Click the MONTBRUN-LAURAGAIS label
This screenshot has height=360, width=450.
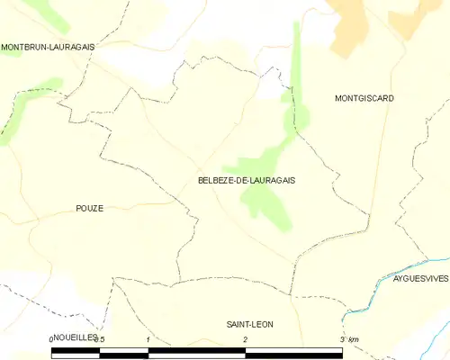point(49,46)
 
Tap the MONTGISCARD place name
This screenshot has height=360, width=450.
point(364,98)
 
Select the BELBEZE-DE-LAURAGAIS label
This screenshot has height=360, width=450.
point(246,180)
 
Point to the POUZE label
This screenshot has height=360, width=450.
point(89,208)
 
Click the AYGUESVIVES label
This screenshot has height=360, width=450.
point(420,279)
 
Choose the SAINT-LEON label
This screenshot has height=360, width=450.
point(250,323)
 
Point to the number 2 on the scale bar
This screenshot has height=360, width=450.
point(245,338)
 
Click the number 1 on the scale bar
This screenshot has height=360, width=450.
point(148,338)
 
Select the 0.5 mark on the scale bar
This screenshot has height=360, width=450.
point(99,338)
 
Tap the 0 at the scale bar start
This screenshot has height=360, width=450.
point(52,338)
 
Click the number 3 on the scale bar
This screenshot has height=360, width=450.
point(342,338)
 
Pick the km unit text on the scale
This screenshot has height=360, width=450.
point(354,338)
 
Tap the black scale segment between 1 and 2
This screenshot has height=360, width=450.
point(196,350)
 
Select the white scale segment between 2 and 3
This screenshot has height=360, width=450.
point(293,350)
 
